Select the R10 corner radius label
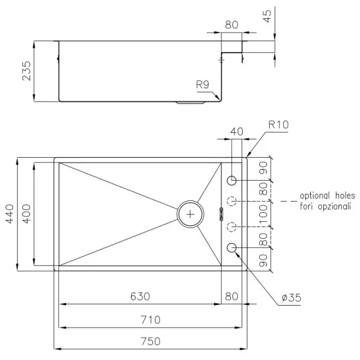pyautogui.click(x=278, y=124)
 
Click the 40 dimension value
pyautogui.click(x=237, y=132)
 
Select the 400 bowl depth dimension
pyautogui.click(x=27, y=213)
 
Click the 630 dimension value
pyautogui.click(x=139, y=297)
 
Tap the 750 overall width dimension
pyautogui.click(x=151, y=342)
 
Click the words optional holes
pyautogui.click(x=327, y=196)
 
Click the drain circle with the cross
pyautogui.click(x=190, y=213)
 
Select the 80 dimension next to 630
pyautogui.click(x=232, y=297)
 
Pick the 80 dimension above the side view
pyautogui.click(x=232, y=26)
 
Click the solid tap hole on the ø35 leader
pyautogui.click(x=232, y=247)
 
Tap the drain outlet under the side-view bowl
pyautogui.click(x=190, y=103)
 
